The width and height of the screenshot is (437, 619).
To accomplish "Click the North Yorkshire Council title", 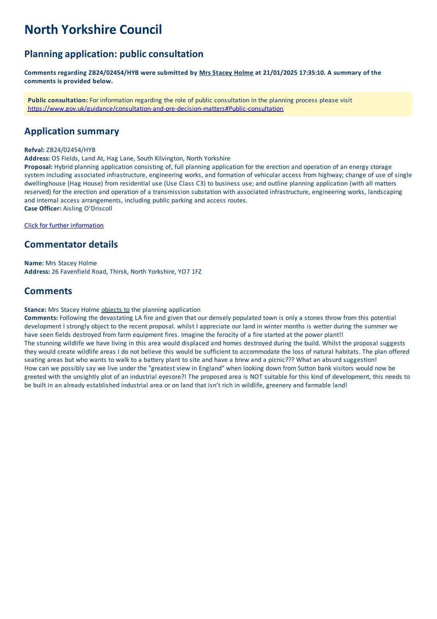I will click(93, 30).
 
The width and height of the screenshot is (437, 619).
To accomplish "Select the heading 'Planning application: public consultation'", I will click(114, 54).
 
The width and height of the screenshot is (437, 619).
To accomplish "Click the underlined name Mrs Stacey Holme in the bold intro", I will click(226, 73).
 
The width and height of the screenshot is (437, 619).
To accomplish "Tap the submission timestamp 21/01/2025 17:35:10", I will click(294, 73).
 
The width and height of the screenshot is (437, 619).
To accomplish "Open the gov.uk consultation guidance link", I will click(155, 109).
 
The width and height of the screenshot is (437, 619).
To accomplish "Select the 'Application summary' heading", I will click(72, 131).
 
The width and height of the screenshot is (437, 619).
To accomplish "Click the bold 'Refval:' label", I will click(34, 150).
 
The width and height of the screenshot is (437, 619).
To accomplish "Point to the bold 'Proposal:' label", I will click(38, 167).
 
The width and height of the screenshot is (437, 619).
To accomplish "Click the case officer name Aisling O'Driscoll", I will click(87, 209).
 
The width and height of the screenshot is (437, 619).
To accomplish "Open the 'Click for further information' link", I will click(64, 226).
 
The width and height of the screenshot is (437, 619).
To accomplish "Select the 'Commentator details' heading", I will click(71, 245).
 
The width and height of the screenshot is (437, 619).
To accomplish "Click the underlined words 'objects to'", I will click(115, 310).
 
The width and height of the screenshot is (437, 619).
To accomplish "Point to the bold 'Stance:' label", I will click(35, 310).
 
